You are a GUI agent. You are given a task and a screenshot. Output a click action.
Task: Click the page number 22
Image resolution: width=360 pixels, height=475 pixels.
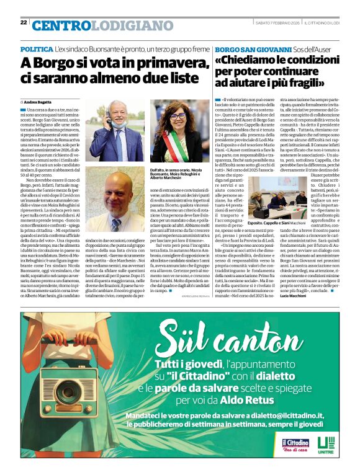click(x=24, y=22)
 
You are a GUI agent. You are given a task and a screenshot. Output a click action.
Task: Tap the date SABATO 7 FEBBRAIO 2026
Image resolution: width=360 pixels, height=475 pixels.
click(x=277, y=23)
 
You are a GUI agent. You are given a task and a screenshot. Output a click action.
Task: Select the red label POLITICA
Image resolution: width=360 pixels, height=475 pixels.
click(x=36, y=48)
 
